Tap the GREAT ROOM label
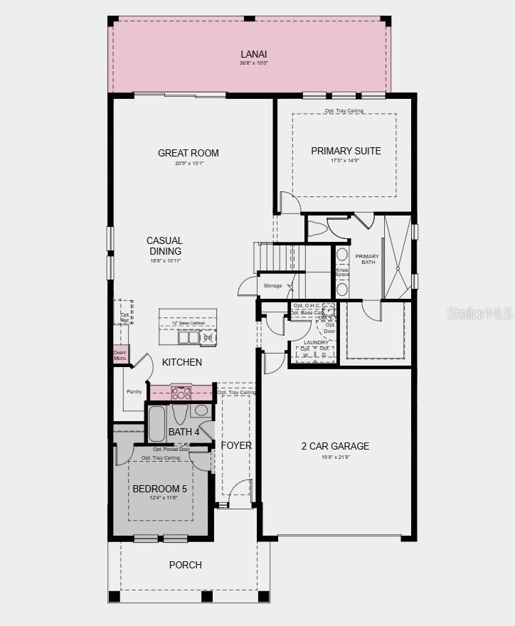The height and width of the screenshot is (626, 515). click(x=188, y=153)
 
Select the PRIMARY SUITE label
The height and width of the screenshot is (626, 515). click(x=346, y=151)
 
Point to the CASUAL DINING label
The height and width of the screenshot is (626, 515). click(x=165, y=246)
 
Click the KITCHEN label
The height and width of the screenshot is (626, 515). click(x=182, y=362)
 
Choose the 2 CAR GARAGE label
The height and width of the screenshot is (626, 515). click(x=335, y=446)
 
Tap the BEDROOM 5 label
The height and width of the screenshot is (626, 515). click(x=160, y=489)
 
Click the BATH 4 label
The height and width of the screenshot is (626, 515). click(x=184, y=432)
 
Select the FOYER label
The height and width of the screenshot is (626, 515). click(x=236, y=445)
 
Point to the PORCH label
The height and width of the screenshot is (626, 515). click(x=185, y=565)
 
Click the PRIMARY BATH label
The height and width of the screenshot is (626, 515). click(x=367, y=260)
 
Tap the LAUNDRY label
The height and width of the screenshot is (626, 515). click(x=316, y=342)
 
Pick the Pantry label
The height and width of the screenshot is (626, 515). click(x=134, y=391)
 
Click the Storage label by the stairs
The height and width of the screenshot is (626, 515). click(x=272, y=286)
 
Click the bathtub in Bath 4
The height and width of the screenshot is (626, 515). click(x=156, y=424)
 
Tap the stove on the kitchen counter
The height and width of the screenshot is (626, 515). click(x=181, y=393)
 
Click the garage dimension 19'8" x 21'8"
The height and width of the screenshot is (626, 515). click(x=335, y=457)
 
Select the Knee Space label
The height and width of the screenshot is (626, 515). click(x=342, y=272)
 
